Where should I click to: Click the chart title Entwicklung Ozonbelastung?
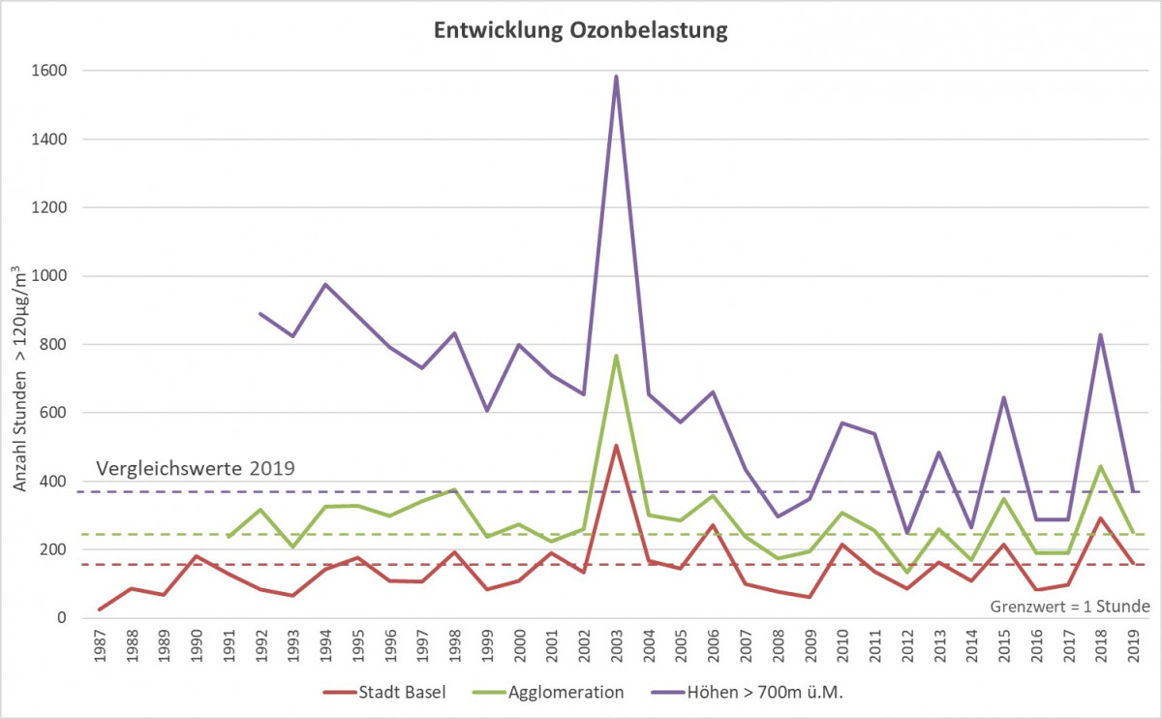click(x=579, y=31)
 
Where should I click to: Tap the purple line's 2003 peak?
click(x=616, y=77)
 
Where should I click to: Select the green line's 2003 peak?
click(x=616, y=356)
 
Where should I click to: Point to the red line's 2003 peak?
click(x=616, y=446)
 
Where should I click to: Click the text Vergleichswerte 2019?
click(x=195, y=468)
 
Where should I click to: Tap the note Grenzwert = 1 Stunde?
click(x=1070, y=607)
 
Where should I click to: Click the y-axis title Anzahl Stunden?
click(x=21, y=388)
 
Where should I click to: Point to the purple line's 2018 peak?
click(x=1101, y=335)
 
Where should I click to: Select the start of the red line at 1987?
click(x=100, y=610)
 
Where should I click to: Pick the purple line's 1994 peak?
click(x=325, y=285)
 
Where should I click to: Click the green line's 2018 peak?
click(x=1101, y=466)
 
